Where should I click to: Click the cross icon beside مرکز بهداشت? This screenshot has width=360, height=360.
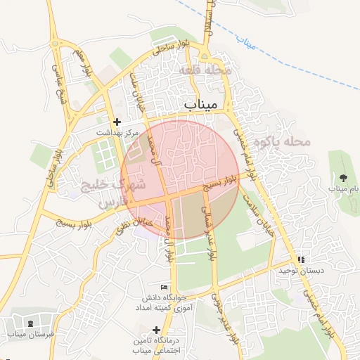pyautogui.click(x=117, y=122)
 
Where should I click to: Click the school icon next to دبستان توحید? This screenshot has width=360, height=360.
pyautogui.click(x=301, y=259)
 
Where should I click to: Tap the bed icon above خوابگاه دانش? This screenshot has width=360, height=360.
pyautogui.click(x=165, y=287)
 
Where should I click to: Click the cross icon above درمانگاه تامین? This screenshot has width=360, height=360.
pyautogui.click(x=156, y=330)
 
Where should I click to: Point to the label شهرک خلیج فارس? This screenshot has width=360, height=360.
pyautogui.click(x=121, y=193)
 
